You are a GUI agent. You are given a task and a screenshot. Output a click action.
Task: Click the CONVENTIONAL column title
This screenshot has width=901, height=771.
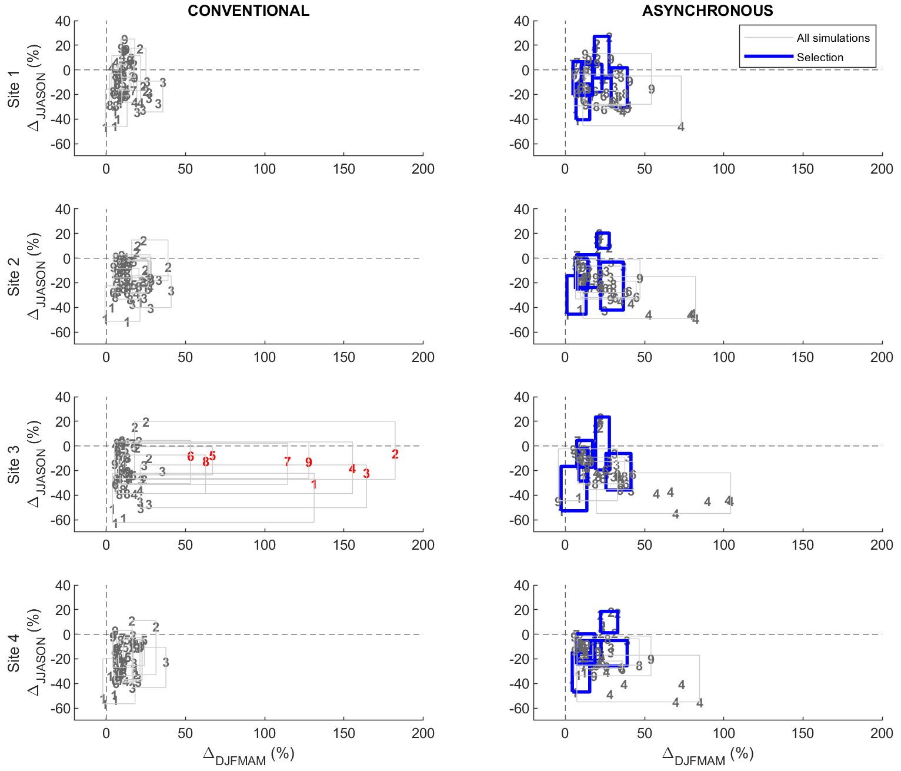pyautogui.click(x=248, y=11)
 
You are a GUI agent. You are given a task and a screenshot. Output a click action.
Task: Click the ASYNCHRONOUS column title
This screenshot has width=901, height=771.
pyautogui.click(x=708, y=11)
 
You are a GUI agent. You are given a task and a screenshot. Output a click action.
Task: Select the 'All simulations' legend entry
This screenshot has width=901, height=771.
pyautogui.click(x=833, y=38)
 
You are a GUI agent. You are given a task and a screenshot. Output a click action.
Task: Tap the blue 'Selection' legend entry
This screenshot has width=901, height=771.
pyautogui.click(x=820, y=57)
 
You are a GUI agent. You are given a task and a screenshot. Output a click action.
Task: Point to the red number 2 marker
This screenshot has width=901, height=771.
pyautogui.click(x=395, y=454)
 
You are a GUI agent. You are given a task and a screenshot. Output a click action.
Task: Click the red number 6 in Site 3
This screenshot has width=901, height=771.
pyautogui.click(x=191, y=457)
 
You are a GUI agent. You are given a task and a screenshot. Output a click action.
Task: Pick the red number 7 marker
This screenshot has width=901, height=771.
pyautogui.click(x=287, y=462)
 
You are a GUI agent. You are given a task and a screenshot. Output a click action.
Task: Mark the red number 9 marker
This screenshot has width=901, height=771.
pyautogui.click(x=309, y=463)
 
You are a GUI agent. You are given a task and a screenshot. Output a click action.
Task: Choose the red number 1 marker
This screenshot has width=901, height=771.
pyautogui.click(x=314, y=484)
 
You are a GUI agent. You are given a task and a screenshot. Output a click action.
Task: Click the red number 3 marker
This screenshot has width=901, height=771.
pyautogui.click(x=366, y=474)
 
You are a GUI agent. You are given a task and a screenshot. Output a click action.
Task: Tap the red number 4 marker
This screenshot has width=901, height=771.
pyautogui.click(x=352, y=469)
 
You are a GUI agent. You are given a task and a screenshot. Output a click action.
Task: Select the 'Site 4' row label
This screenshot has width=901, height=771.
pyautogui.click(x=14, y=653)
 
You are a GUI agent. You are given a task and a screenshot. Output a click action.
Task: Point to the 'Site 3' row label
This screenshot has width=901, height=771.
pyautogui.click(x=14, y=465)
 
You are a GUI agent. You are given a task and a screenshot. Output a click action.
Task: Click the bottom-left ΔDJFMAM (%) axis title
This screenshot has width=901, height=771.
pyautogui.click(x=248, y=755)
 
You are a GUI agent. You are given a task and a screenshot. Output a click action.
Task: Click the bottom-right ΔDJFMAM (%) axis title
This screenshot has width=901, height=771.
pyautogui.click(x=708, y=755)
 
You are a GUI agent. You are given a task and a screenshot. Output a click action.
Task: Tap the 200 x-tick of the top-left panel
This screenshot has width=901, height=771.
pyautogui.click(x=423, y=169)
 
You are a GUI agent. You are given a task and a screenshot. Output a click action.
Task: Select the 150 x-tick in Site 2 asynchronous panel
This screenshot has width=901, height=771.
pyautogui.click(x=803, y=357)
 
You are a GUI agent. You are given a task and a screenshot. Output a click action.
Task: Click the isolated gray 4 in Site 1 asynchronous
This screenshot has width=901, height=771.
pyautogui.click(x=681, y=127)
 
